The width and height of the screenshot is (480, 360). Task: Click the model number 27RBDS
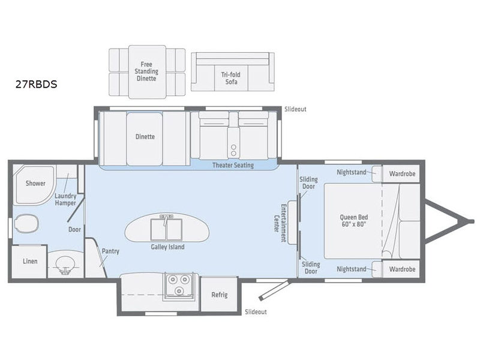pos(36,84)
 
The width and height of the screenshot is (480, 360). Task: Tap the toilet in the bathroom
pos(26,223)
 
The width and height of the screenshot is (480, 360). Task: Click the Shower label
pos(35,183)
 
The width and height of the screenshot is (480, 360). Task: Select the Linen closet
pos(29,262)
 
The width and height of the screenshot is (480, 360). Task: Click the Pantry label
pos(110,251)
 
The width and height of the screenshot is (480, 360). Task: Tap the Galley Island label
pos(167,247)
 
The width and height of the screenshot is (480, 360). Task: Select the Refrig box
pos(219,295)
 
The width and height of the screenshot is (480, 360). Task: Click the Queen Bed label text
pos(354,220)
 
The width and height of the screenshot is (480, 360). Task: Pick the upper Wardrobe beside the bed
pos(401,174)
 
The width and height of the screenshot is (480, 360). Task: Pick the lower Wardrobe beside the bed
pos(401,269)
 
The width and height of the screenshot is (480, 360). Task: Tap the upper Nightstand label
pos(352,172)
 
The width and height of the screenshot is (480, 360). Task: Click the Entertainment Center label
pos(280,223)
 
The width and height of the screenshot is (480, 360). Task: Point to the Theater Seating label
pos(233,166)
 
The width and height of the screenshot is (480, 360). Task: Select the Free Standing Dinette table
pos(147,72)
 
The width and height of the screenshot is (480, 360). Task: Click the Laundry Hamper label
pos(65,199)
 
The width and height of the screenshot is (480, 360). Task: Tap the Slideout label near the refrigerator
pos(256,311)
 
